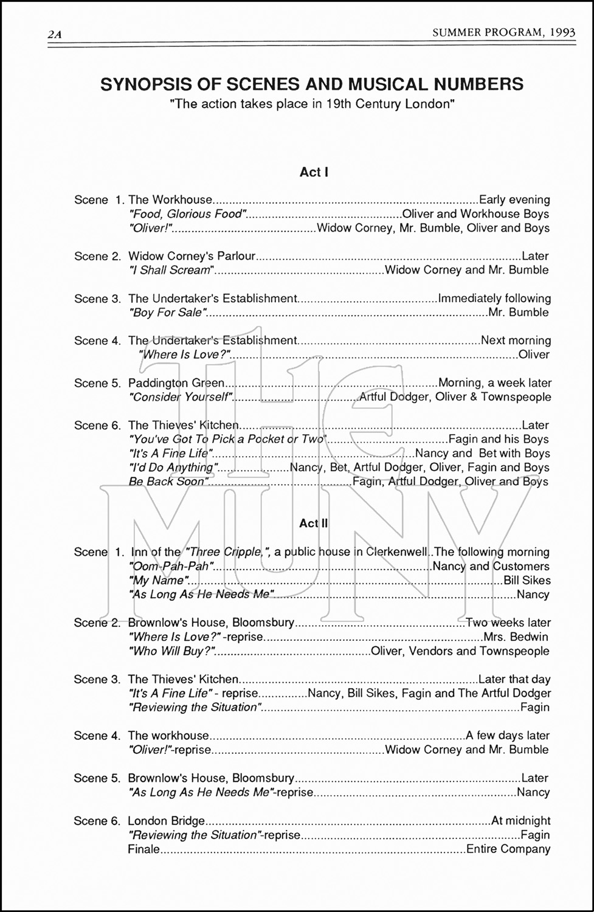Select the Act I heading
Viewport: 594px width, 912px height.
click(x=314, y=172)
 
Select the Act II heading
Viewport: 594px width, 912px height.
click(x=314, y=523)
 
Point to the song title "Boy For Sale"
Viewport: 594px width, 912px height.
click(x=168, y=313)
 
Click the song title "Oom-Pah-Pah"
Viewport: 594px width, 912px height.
click(x=171, y=566)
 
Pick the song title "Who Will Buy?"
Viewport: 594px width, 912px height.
click(x=173, y=651)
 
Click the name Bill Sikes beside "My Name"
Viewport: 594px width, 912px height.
click(x=527, y=581)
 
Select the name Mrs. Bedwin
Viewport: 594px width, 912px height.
click(x=516, y=637)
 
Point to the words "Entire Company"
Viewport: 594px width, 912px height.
click(x=508, y=849)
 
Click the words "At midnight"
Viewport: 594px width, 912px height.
click(x=520, y=821)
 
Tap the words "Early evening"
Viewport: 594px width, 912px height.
click(x=514, y=199)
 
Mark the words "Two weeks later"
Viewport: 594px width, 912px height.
click(x=508, y=623)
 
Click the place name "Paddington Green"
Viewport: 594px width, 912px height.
click(x=176, y=383)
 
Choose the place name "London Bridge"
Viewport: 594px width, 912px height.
click(x=166, y=821)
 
